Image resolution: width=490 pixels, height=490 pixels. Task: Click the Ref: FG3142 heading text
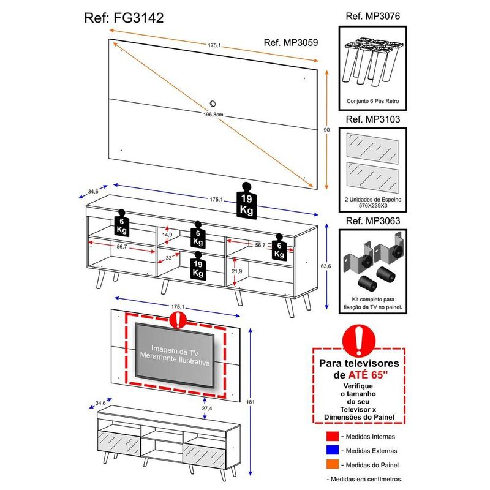tap(123, 17)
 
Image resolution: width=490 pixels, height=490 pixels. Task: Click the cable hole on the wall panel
tap(213, 104)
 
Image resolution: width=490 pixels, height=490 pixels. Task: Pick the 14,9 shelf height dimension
tap(167, 235)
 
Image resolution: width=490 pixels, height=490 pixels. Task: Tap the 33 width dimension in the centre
tap(170, 258)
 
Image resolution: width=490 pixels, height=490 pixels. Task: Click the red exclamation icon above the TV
tap(178, 319)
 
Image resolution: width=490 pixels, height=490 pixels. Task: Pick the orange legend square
tap(333, 464)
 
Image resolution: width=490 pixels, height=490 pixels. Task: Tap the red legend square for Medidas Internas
tap(333, 437)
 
